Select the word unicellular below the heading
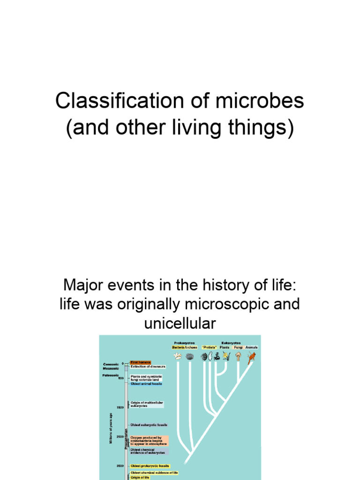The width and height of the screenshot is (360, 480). pyautogui.click(x=180, y=323)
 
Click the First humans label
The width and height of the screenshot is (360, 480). pyautogui.click(x=141, y=362)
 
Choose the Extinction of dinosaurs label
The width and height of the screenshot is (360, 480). pyautogui.click(x=149, y=367)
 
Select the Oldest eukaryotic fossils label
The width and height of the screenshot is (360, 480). pyautogui.click(x=149, y=425)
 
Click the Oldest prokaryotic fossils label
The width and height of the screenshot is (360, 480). pyautogui.click(x=150, y=465)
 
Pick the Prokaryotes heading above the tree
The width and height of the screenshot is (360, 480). pyautogui.click(x=184, y=343)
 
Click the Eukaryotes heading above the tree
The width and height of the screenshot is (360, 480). pyautogui.click(x=231, y=343)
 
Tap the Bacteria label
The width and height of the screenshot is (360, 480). pyautogui.click(x=178, y=347)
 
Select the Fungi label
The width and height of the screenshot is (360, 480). pyautogui.click(x=238, y=347)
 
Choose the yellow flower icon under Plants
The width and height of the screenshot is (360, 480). pyautogui.click(x=227, y=356)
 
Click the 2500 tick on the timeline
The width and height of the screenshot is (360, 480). pyautogui.click(x=120, y=437)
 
